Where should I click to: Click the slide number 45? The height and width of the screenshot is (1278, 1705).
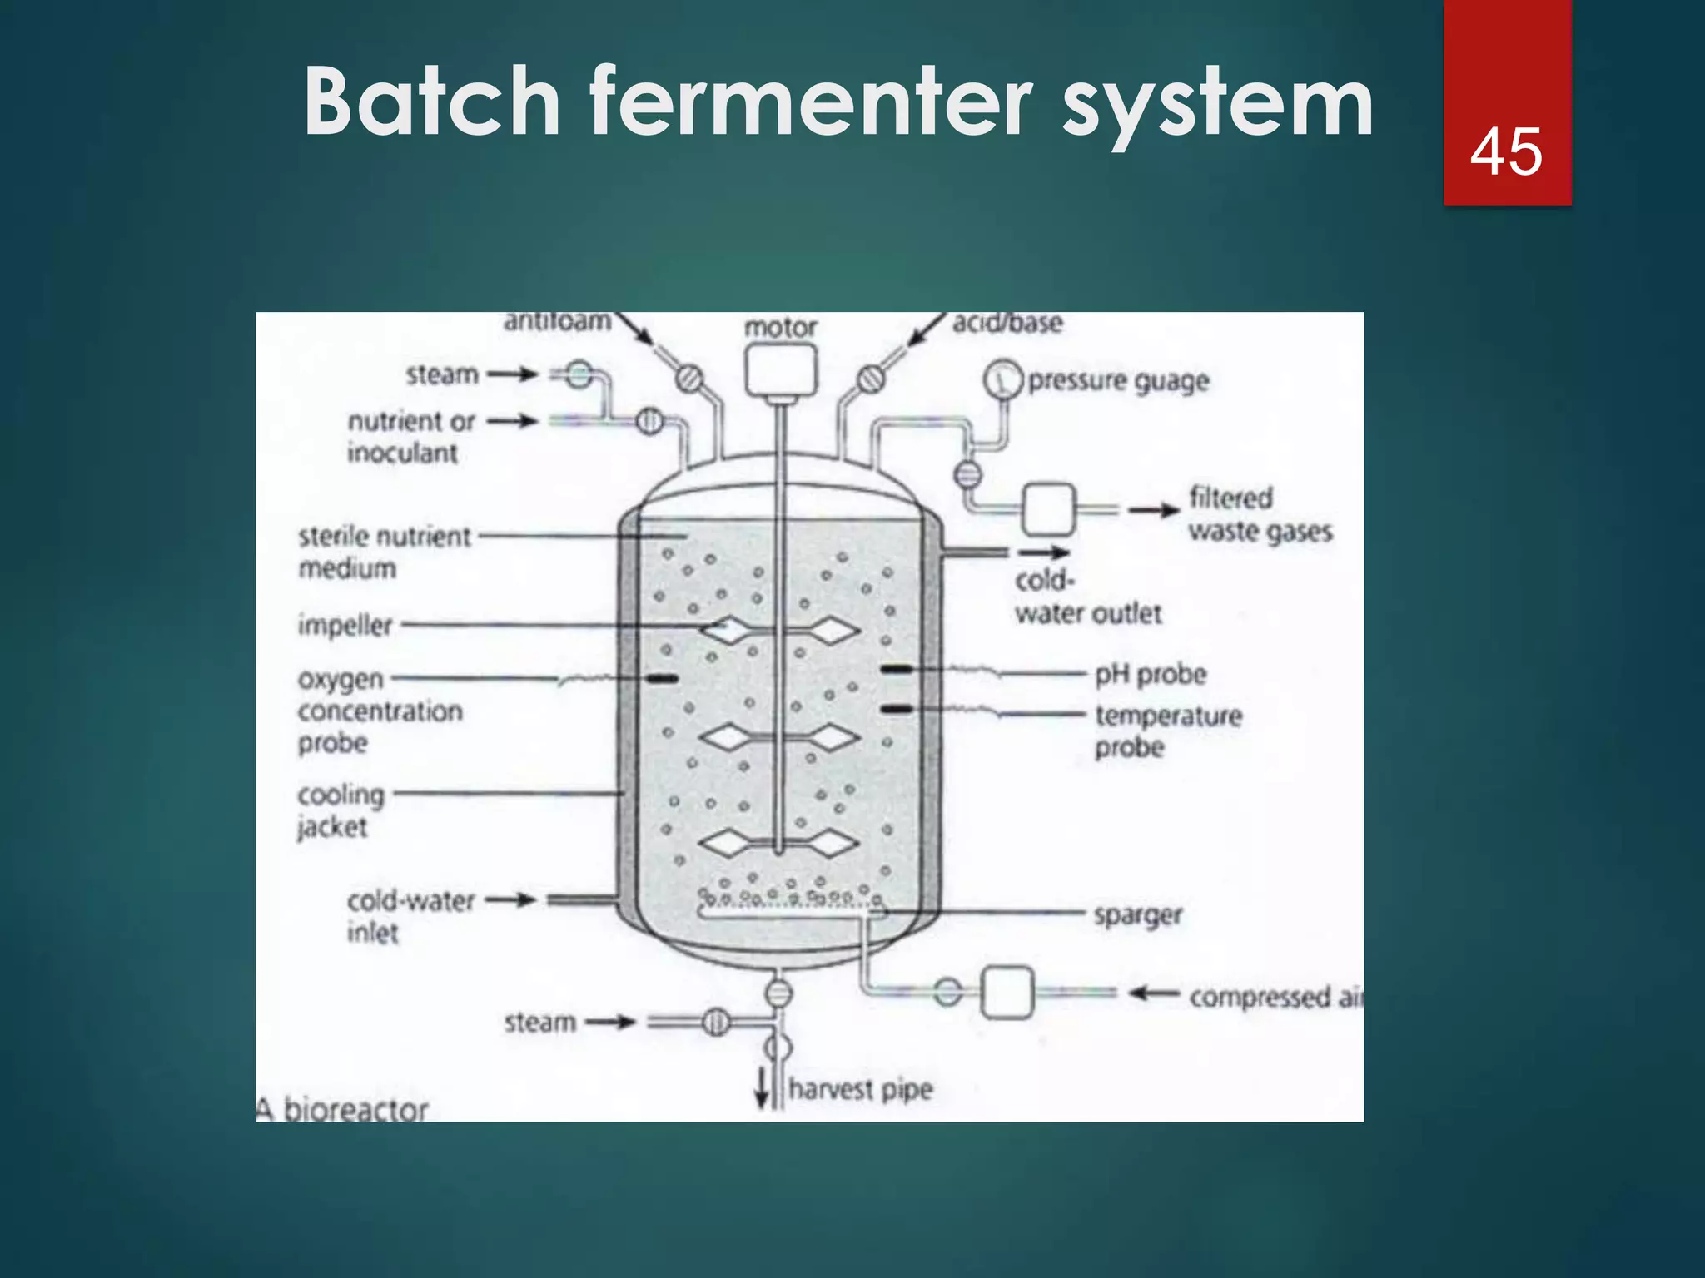(x=1506, y=152)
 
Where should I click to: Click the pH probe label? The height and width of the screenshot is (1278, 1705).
(x=1150, y=674)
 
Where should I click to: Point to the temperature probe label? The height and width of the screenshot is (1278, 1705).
(x=1167, y=731)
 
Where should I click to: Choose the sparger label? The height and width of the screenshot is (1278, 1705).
(x=1137, y=915)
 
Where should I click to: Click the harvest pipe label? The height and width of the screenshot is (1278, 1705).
(x=860, y=1089)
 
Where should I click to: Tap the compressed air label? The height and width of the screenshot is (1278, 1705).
(x=1275, y=997)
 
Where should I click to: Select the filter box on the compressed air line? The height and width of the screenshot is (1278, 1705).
(x=1007, y=992)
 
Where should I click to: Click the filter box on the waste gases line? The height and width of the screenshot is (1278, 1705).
(x=1048, y=508)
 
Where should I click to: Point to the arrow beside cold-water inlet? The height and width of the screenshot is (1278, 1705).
(x=510, y=899)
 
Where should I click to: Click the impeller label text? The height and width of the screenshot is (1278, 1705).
(x=345, y=625)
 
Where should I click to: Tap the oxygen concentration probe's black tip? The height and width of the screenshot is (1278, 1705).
(x=663, y=679)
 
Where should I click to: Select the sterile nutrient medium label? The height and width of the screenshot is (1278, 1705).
(x=384, y=552)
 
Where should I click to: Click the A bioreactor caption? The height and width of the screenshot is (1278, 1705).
(x=342, y=1109)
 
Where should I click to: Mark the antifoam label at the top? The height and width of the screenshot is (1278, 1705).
(x=557, y=321)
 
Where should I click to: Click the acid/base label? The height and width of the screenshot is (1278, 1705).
(x=1007, y=323)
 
